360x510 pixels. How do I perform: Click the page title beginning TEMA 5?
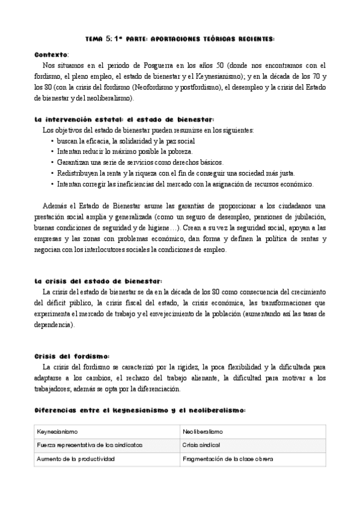click(180, 38)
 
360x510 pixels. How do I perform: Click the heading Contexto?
click(51, 54)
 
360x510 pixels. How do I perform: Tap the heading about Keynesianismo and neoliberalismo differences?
click(140, 410)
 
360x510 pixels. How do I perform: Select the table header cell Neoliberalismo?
click(203, 432)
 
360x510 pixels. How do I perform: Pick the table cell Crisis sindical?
click(201, 446)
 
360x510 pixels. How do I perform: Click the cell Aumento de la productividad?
click(76, 459)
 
